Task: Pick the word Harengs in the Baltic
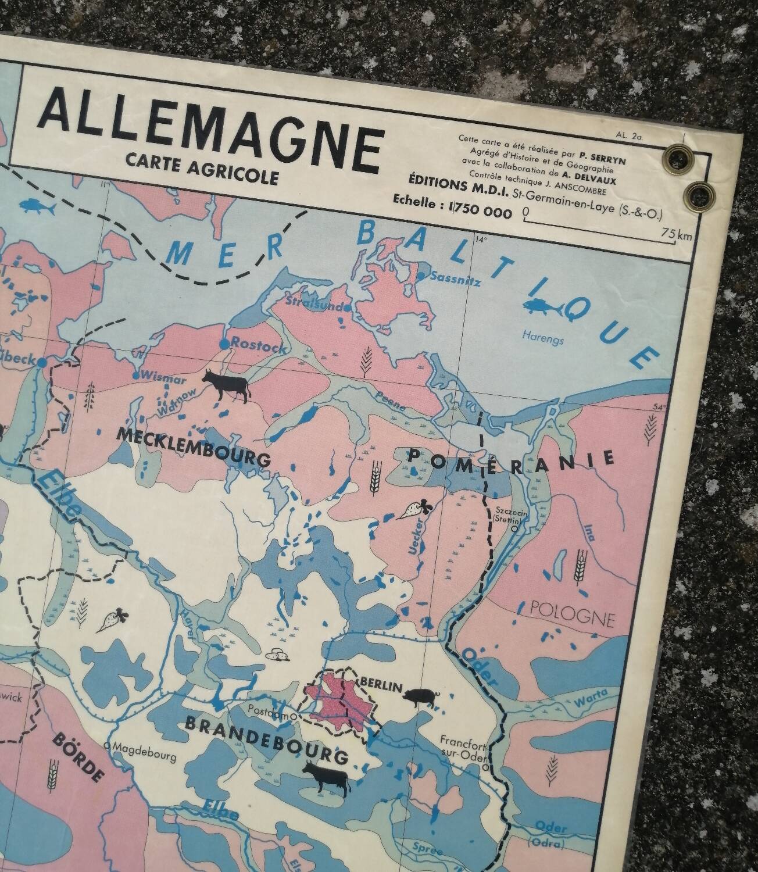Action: pyautogui.click(x=542, y=337)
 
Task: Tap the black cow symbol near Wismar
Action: pyautogui.click(x=226, y=386)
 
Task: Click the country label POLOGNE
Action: pyautogui.click(x=573, y=614)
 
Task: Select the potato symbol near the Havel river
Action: pyautogui.click(x=277, y=655)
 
